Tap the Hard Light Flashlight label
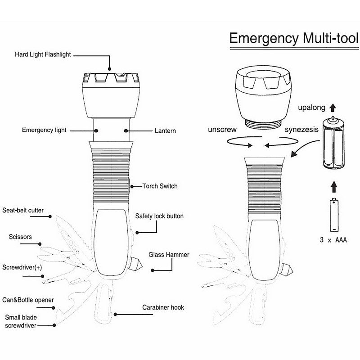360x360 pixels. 43,55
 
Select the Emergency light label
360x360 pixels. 44,130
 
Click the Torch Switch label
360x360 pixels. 160,185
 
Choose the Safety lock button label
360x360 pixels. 159,216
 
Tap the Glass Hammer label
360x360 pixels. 169,255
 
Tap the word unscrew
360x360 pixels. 223,130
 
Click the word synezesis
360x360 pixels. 302,130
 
